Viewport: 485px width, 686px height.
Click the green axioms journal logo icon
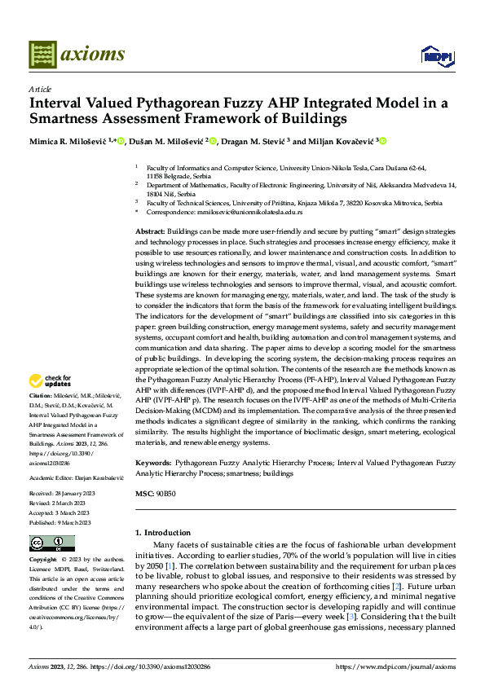[42, 55]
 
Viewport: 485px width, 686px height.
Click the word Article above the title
[40, 89]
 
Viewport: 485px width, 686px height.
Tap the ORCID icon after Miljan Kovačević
[382, 142]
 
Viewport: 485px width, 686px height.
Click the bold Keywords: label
[155, 462]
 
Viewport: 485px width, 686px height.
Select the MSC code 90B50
[165, 494]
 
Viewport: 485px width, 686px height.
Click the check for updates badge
[51, 380]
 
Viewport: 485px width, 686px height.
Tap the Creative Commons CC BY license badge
[51, 543]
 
